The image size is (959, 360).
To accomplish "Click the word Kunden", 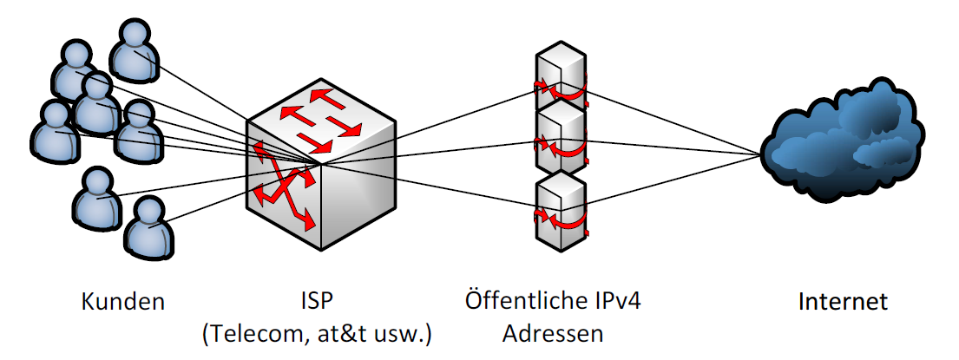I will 122,302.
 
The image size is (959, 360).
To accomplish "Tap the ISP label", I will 317,302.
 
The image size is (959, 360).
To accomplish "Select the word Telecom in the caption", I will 259,333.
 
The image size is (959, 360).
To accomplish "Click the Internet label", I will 843,302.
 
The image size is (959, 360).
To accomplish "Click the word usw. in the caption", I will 399,333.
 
